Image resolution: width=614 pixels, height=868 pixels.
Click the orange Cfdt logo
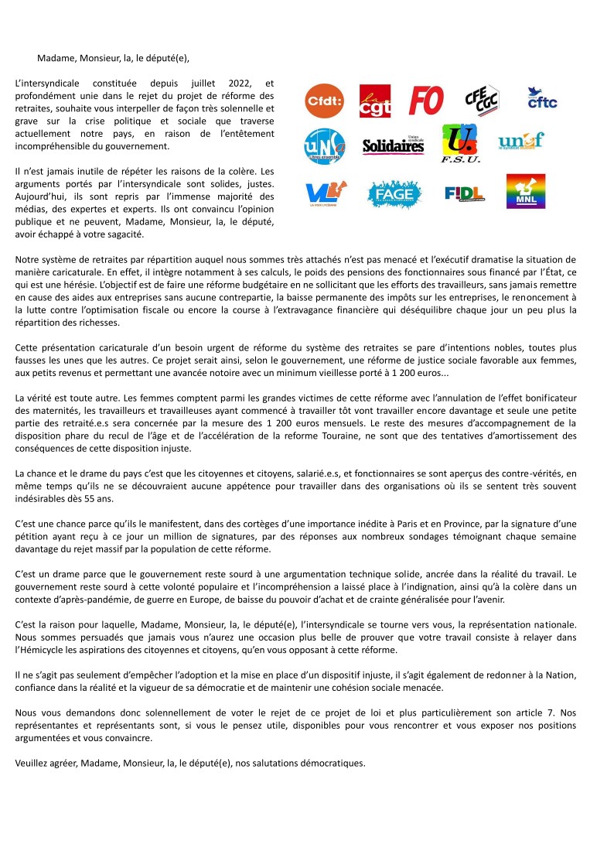[x=326, y=101]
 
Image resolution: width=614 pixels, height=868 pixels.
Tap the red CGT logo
[x=375, y=101]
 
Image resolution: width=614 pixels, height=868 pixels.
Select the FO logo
[x=425, y=101]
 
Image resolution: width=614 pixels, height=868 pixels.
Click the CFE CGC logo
[x=481, y=100]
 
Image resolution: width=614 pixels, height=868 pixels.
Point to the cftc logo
[x=541, y=99]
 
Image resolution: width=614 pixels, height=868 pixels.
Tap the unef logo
[x=521, y=141]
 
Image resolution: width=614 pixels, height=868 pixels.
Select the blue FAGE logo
[x=394, y=192]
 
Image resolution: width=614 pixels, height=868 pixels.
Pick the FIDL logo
[x=465, y=193]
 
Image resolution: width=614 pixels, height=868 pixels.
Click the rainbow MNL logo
[x=526, y=191]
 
